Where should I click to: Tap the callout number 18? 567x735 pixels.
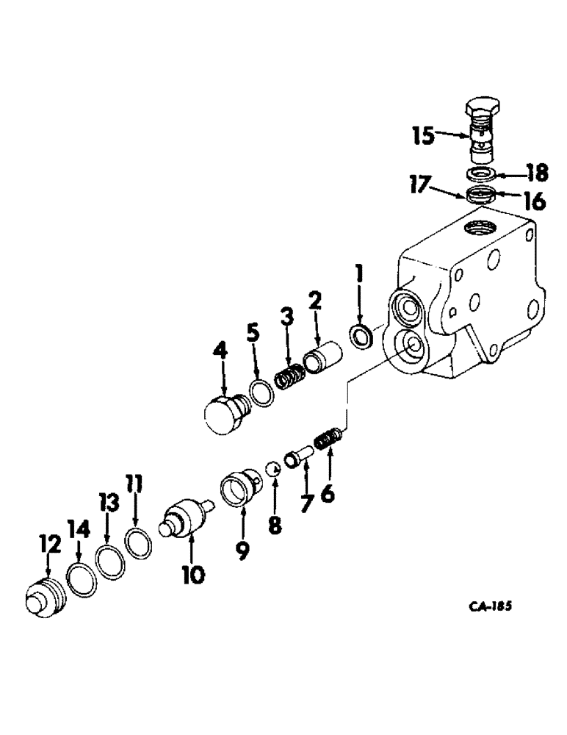[537, 173]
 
